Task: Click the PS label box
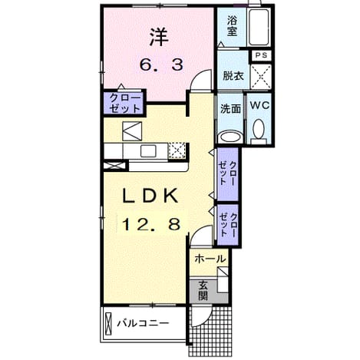261,55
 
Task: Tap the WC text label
259,105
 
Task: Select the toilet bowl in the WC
259,129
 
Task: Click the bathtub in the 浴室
259,27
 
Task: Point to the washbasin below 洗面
231,137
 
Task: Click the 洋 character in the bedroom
159,38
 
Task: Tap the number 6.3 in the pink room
161,64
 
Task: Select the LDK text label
150,196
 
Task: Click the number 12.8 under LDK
151,224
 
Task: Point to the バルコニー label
144,324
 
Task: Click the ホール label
210,259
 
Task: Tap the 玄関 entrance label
203,291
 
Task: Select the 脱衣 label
233,76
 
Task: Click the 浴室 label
233,25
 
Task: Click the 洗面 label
231,109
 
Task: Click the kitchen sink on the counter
148,151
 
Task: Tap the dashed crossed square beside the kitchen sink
177,150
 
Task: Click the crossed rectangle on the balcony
109,323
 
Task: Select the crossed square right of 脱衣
261,77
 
